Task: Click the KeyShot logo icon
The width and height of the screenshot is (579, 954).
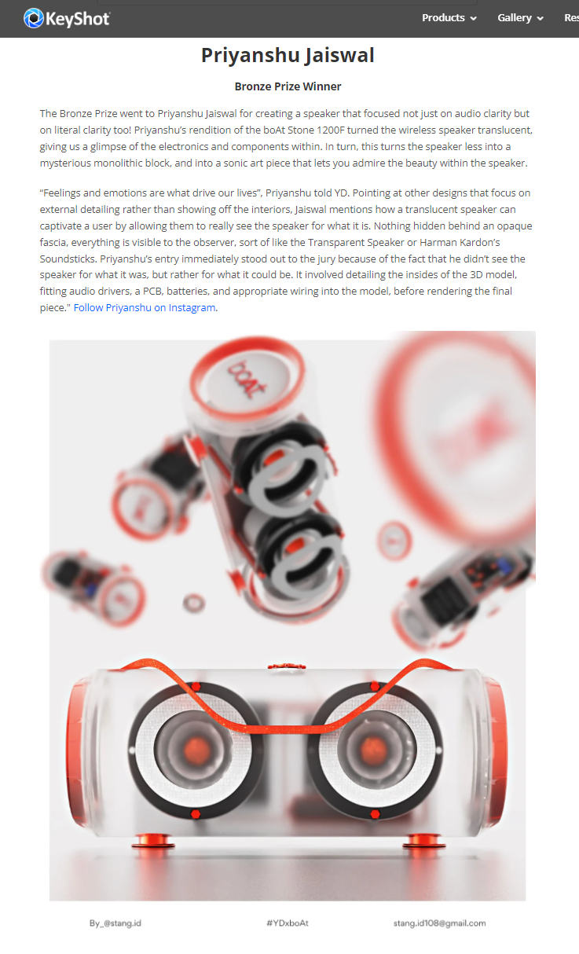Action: point(33,18)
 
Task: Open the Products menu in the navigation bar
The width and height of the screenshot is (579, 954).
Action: point(449,18)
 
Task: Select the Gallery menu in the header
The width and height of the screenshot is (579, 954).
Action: point(520,18)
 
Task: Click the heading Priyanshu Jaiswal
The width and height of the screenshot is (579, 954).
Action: point(288,55)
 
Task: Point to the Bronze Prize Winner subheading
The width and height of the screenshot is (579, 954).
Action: point(288,86)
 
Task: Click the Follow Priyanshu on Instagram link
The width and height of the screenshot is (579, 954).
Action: point(145,307)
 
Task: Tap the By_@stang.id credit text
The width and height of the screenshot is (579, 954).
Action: point(115,923)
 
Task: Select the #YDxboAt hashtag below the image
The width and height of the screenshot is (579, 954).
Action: point(288,923)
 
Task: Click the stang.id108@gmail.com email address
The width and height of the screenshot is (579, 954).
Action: point(439,923)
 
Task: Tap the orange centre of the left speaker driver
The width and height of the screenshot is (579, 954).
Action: point(196,750)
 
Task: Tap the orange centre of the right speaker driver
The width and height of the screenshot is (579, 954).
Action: point(373,750)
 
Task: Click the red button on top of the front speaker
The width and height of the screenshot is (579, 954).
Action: point(287,666)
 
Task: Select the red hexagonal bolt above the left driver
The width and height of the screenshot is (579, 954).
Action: point(196,687)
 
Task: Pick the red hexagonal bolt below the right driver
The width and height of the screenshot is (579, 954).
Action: point(375,814)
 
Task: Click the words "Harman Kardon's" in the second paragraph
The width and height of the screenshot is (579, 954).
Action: point(460,242)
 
